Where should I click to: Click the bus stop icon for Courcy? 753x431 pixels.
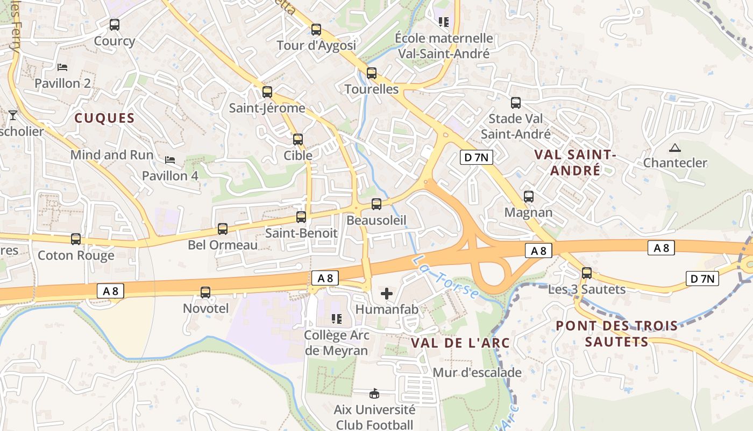pos(114,24)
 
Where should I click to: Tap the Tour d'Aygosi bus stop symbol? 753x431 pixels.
pos(316,30)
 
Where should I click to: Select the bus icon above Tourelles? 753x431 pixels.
pos(371,73)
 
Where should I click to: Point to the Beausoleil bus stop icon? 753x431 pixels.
pos(376,204)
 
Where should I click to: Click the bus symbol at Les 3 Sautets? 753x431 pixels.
pos(586,273)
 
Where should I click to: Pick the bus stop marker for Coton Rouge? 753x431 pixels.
pos(76,239)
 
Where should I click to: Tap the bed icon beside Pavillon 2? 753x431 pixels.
pos(62,67)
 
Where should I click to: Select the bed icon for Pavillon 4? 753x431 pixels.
pos(170,159)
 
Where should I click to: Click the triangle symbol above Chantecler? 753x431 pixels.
pos(674,148)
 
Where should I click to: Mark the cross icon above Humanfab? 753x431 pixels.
pos(387,294)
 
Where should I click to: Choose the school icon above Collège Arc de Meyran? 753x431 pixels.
pos(337,319)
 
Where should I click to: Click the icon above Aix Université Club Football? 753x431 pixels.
pos(374,394)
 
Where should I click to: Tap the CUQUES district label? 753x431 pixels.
pos(104,119)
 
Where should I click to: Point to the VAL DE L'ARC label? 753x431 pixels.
pos(460,343)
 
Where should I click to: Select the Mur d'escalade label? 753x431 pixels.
pos(477,372)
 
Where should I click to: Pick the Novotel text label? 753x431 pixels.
pos(205,309)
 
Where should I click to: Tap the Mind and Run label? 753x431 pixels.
pos(112,155)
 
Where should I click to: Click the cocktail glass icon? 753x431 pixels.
pos(12,115)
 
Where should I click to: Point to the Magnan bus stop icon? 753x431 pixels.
pos(529,197)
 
